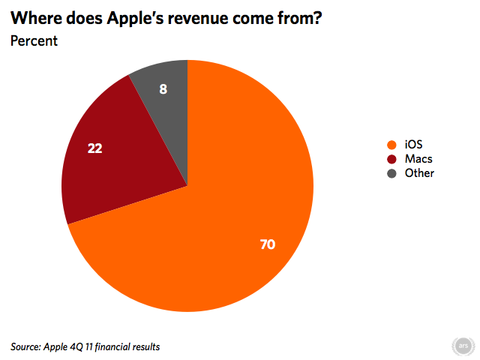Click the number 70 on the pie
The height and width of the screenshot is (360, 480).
click(267, 244)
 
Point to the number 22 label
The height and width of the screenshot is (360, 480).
click(94, 148)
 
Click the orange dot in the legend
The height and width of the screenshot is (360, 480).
click(391, 145)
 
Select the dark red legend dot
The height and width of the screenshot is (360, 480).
click(391, 159)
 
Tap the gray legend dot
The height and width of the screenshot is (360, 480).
click(391, 173)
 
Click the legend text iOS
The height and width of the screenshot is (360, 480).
click(413, 145)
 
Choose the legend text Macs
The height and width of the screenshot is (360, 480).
click(418, 159)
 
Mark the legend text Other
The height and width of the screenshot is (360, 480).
click(419, 173)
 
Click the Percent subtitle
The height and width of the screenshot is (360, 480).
click(34, 40)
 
